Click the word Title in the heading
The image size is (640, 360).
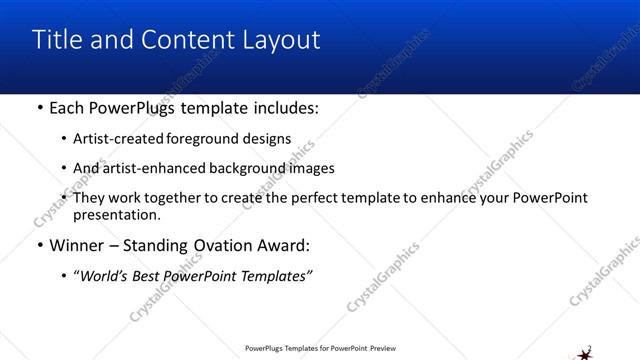(x=57, y=40)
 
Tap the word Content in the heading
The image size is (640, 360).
(x=184, y=40)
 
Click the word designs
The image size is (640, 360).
(x=263, y=139)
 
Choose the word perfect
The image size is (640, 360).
(x=313, y=198)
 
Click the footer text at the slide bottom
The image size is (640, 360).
(x=320, y=349)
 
